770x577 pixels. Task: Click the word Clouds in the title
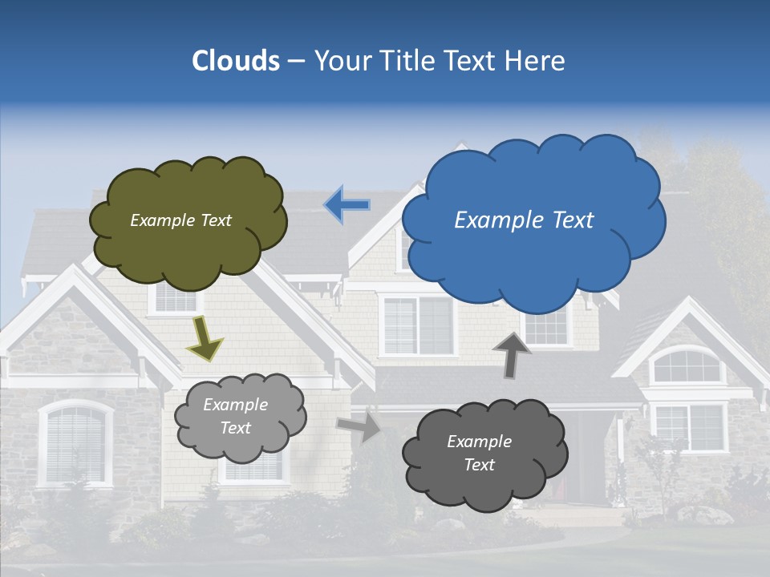click(235, 61)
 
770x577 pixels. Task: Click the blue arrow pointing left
click(346, 205)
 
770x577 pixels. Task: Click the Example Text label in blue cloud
click(524, 220)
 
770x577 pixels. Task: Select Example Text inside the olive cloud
click(180, 220)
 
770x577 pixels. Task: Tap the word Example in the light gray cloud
click(235, 405)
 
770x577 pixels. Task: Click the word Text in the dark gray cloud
click(480, 465)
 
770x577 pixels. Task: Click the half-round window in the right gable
click(686, 367)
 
